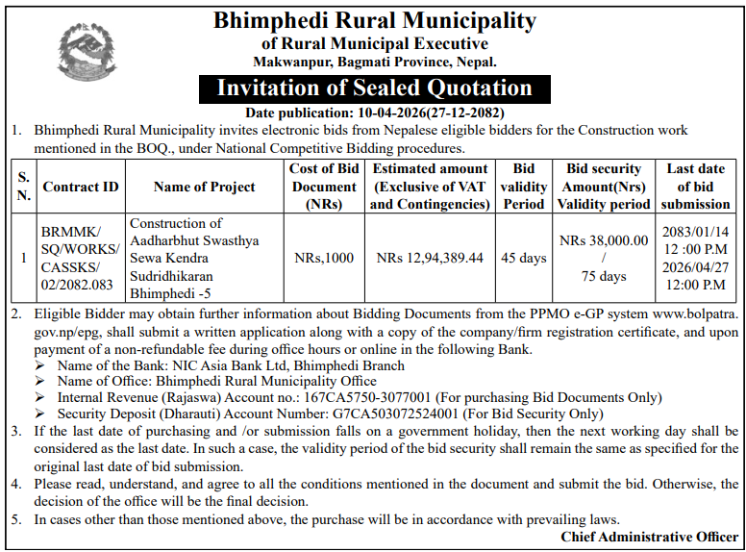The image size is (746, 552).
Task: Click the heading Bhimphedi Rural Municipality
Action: point(374,19)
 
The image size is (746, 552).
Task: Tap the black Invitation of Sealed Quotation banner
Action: point(374,88)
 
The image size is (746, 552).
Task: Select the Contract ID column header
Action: point(81,187)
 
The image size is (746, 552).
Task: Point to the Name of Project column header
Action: point(204,187)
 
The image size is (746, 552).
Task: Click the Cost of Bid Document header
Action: point(324,187)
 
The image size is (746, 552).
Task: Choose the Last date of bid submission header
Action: point(695,187)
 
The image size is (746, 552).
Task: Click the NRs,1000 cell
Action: point(324,258)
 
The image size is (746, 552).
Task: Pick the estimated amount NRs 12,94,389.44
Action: point(430,258)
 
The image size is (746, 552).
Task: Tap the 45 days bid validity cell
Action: point(525,258)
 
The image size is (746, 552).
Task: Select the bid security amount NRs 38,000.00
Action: point(603,240)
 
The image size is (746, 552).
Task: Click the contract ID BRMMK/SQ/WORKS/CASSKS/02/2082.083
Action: point(80,258)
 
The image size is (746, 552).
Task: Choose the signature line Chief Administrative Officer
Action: point(650,536)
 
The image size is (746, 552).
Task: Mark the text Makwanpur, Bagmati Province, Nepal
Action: point(374,62)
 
